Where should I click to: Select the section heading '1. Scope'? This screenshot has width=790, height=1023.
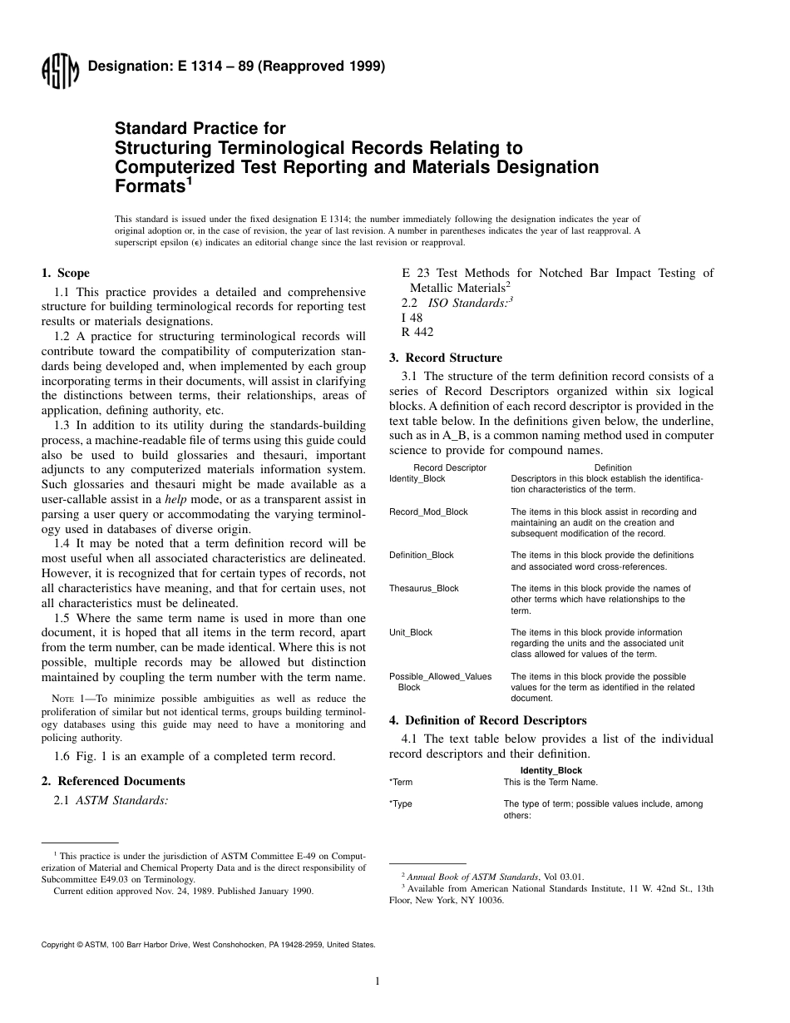click(x=66, y=273)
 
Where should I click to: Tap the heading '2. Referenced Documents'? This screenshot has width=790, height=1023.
click(x=113, y=781)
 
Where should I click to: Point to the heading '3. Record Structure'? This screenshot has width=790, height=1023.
click(x=446, y=358)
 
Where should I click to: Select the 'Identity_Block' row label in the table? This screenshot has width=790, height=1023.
click(x=417, y=479)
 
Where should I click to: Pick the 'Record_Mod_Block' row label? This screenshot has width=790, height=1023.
click(x=428, y=512)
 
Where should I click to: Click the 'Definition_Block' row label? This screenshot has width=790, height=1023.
click(x=422, y=555)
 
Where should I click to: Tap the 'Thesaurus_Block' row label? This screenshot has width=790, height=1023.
click(x=424, y=588)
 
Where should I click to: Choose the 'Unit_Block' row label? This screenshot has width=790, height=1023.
click(x=411, y=632)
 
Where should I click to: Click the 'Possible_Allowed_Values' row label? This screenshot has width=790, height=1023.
click(x=440, y=677)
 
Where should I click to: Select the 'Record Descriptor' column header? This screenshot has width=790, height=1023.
click(x=450, y=467)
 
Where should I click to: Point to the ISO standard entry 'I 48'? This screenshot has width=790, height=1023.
click(x=412, y=318)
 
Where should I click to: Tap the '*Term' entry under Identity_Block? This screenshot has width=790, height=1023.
click(x=401, y=782)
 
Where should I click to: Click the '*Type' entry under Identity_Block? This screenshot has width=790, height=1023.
click(x=401, y=804)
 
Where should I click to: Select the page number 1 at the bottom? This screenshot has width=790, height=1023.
click(x=378, y=981)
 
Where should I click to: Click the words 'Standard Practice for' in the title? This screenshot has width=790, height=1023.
click(x=200, y=129)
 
